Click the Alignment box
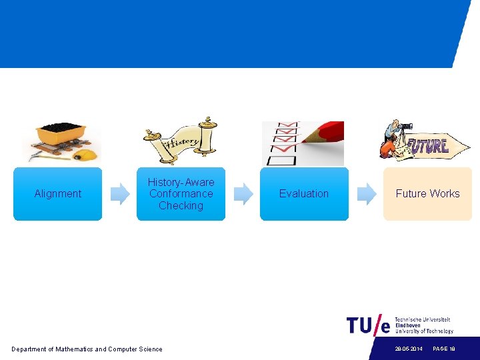tap(57, 194)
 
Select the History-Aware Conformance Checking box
tap(181, 194)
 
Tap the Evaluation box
tap(304, 194)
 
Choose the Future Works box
tap(427, 194)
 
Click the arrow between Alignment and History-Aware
tap(119, 194)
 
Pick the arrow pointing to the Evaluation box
tap(243, 194)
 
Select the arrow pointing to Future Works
tap(366, 194)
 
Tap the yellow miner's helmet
tap(85, 155)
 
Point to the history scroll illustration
tap(180, 139)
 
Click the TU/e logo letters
tap(368, 325)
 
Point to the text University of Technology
tap(424, 331)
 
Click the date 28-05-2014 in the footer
tap(408, 349)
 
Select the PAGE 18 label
tap(444, 349)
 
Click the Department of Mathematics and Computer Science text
tap(87, 349)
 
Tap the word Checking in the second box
tap(181, 206)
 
